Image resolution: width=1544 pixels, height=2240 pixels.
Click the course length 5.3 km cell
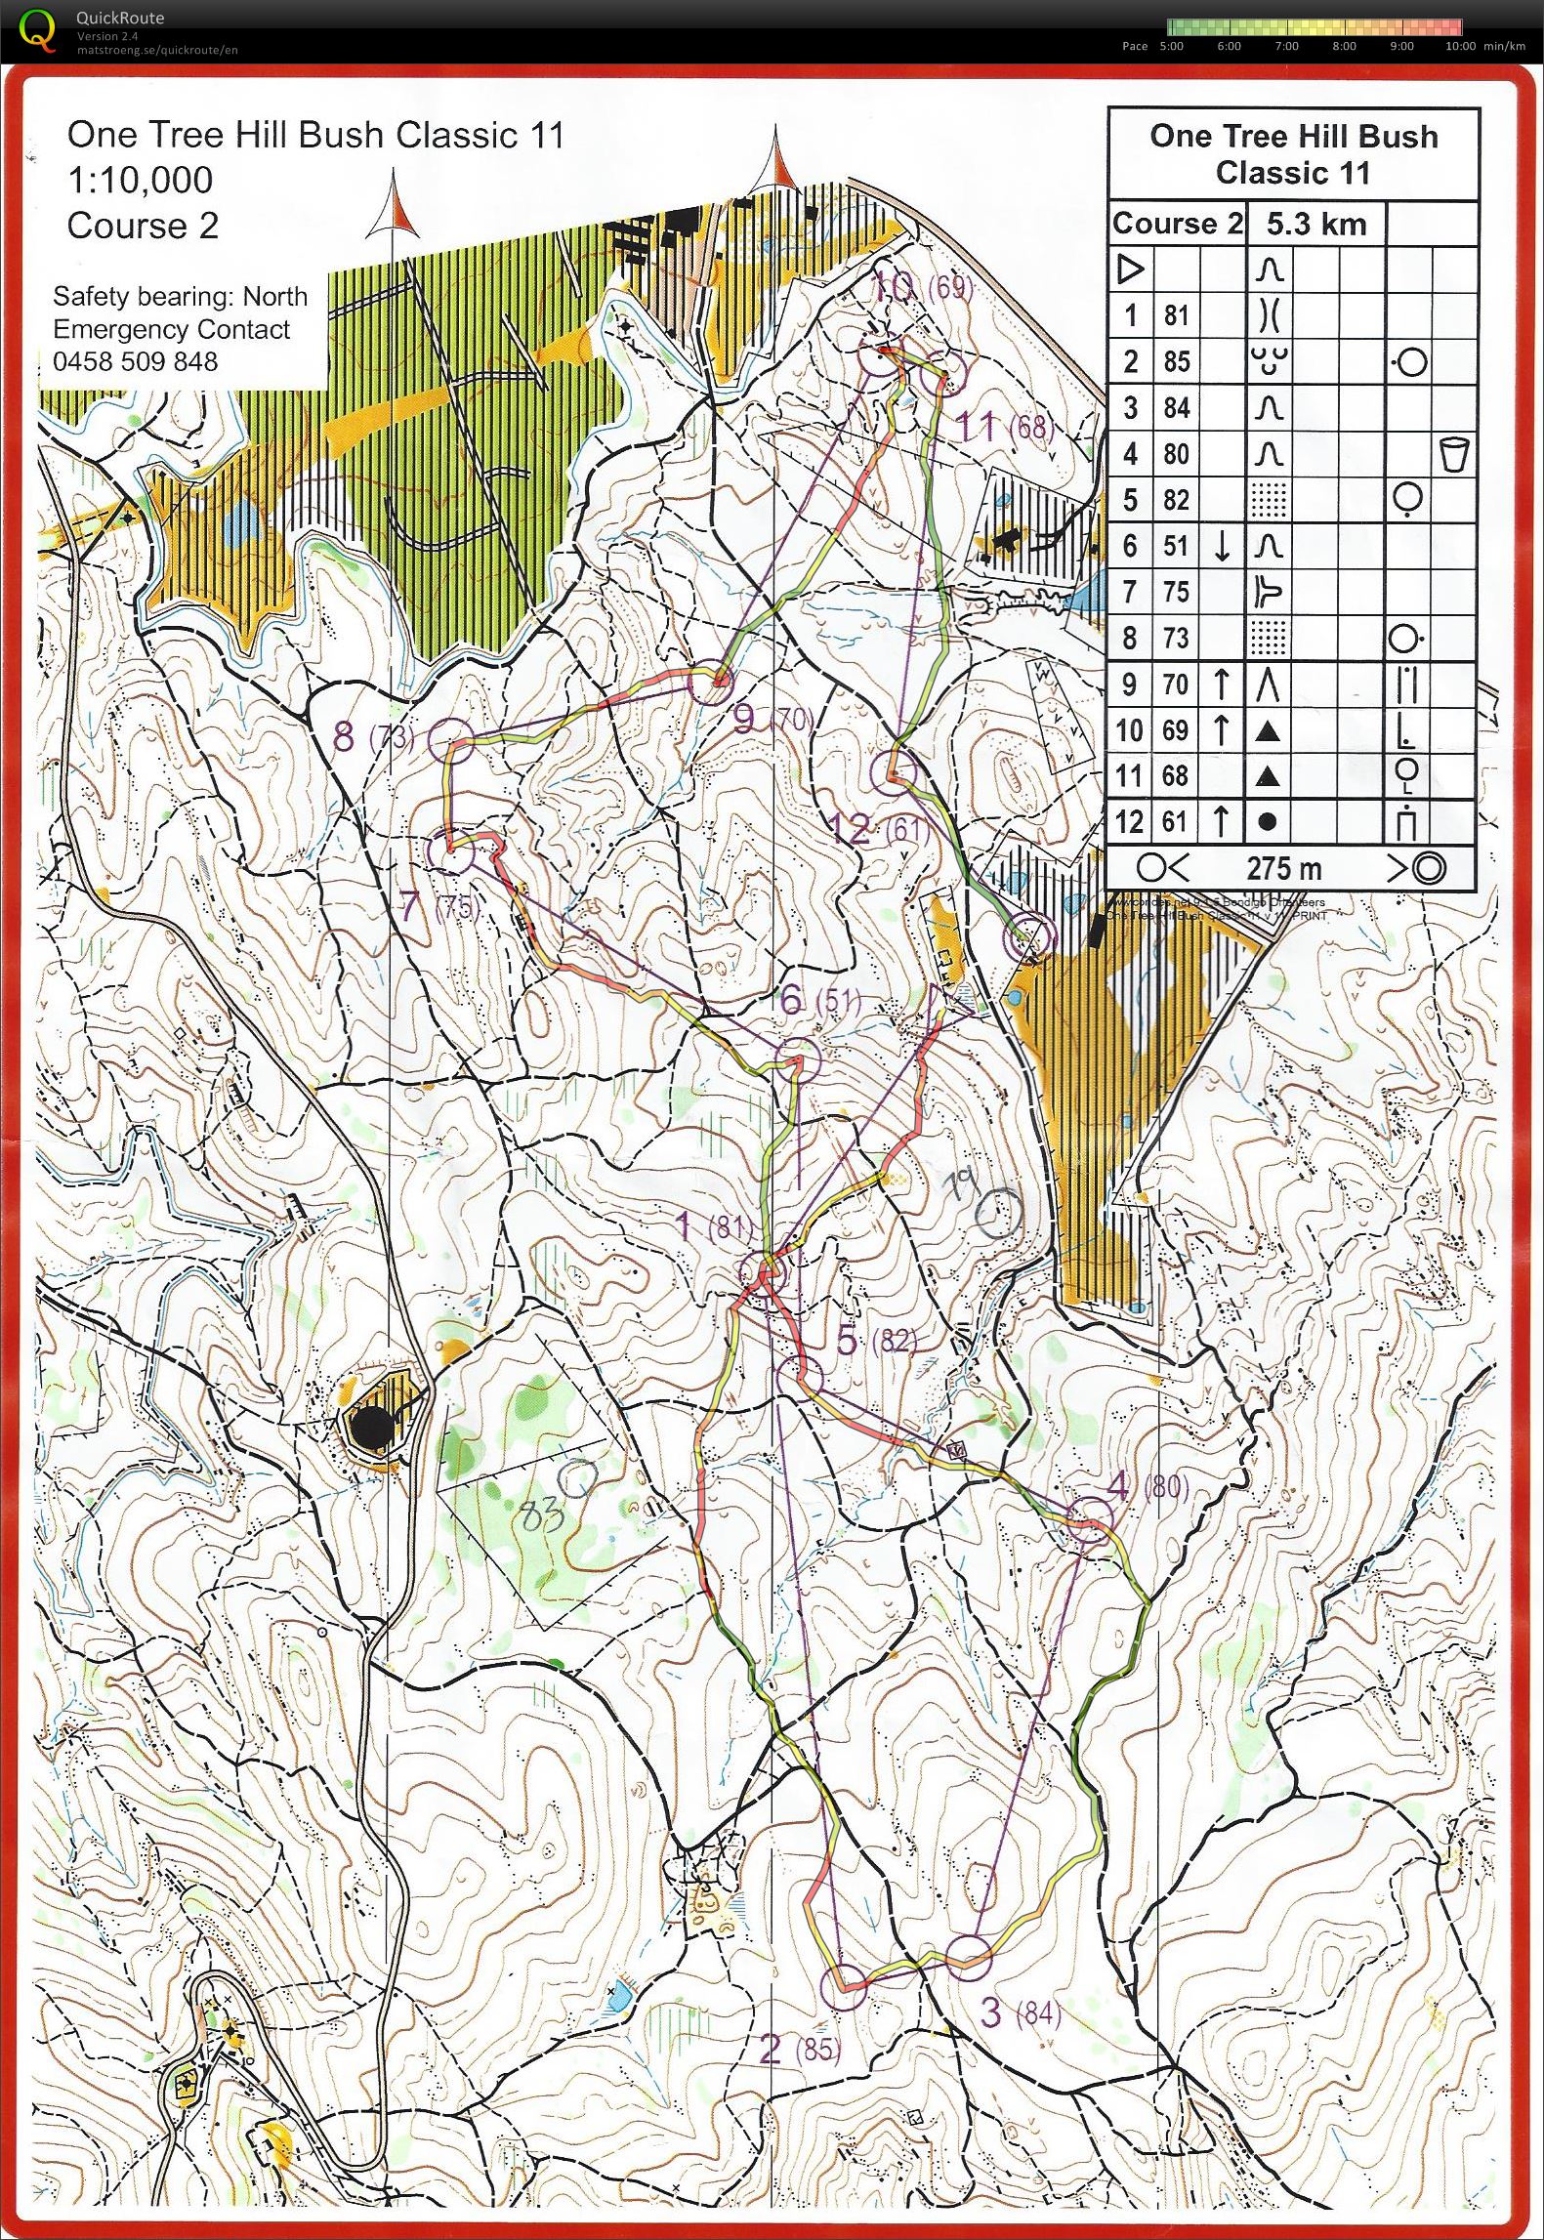click(1315, 225)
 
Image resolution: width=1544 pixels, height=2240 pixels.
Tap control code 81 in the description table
click(1176, 315)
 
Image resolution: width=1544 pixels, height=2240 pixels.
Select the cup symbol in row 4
click(1454, 455)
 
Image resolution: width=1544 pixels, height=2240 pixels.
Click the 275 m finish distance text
click(1283, 867)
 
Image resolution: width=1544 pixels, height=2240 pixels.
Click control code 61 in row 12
click(1176, 822)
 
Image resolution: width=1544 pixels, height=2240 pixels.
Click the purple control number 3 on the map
click(990, 2012)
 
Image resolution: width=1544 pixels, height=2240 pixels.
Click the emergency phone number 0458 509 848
click(135, 361)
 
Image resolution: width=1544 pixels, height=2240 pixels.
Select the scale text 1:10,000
click(140, 180)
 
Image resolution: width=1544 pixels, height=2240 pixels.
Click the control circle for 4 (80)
click(1090, 1521)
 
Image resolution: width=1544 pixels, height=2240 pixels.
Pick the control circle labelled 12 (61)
click(892, 771)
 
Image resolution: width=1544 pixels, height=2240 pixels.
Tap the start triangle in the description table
click(1130, 269)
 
